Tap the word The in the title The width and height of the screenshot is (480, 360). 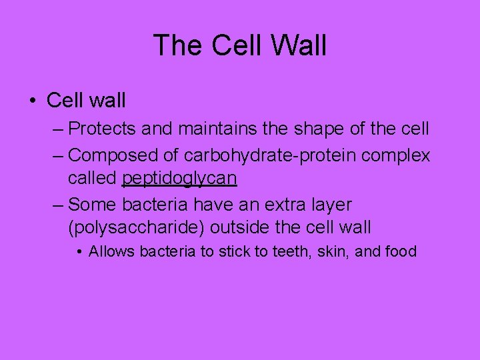tap(175, 46)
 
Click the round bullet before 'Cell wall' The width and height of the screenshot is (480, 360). tap(33, 101)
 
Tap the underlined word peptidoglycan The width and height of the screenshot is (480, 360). tap(179, 179)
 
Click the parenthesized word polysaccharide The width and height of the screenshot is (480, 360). tap(136, 227)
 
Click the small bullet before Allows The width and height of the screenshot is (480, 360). tap(79, 252)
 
